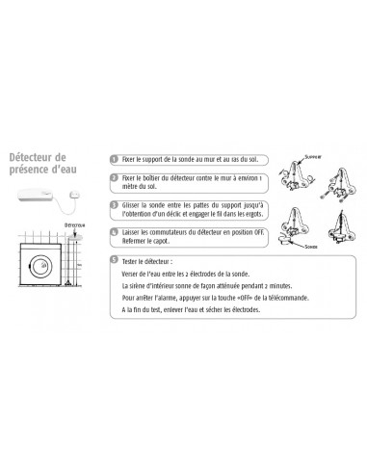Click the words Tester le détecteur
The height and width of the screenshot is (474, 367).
click(153, 260)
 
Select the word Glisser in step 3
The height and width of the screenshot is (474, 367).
click(134, 205)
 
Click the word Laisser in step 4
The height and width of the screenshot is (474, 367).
click(134, 232)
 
